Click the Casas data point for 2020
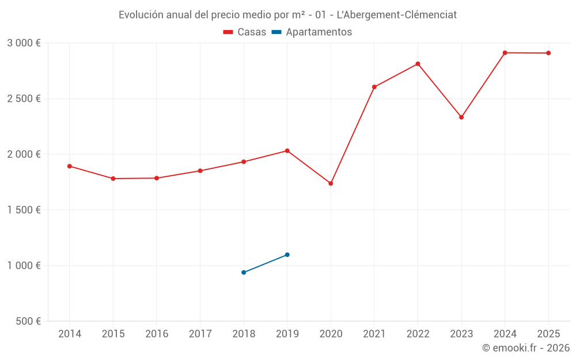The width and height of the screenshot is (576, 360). click(331, 184)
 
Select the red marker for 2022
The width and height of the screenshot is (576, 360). click(418, 64)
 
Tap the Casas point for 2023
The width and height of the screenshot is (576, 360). click(461, 117)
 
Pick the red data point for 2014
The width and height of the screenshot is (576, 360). click(70, 166)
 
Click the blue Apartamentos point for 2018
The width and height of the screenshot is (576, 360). click(244, 272)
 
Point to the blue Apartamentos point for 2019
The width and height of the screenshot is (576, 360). click(287, 255)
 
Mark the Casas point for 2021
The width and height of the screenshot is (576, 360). click(374, 87)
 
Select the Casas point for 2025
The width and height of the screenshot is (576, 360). click(548, 53)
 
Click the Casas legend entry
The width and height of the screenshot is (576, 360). click(245, 32)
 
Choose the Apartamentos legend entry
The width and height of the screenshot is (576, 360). click(312, 32)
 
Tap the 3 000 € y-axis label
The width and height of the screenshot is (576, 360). click(24, 43)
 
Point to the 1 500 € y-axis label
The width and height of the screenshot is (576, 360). click(24, 210)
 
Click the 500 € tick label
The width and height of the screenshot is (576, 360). click(27, 321)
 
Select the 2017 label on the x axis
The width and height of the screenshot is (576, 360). click(200, 334)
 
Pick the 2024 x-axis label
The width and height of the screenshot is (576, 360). click(505, 334)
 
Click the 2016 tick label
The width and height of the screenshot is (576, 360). click(157, 334)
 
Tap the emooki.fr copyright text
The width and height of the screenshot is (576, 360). click(525, 348)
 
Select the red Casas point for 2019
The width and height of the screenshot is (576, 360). click(287, 151)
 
